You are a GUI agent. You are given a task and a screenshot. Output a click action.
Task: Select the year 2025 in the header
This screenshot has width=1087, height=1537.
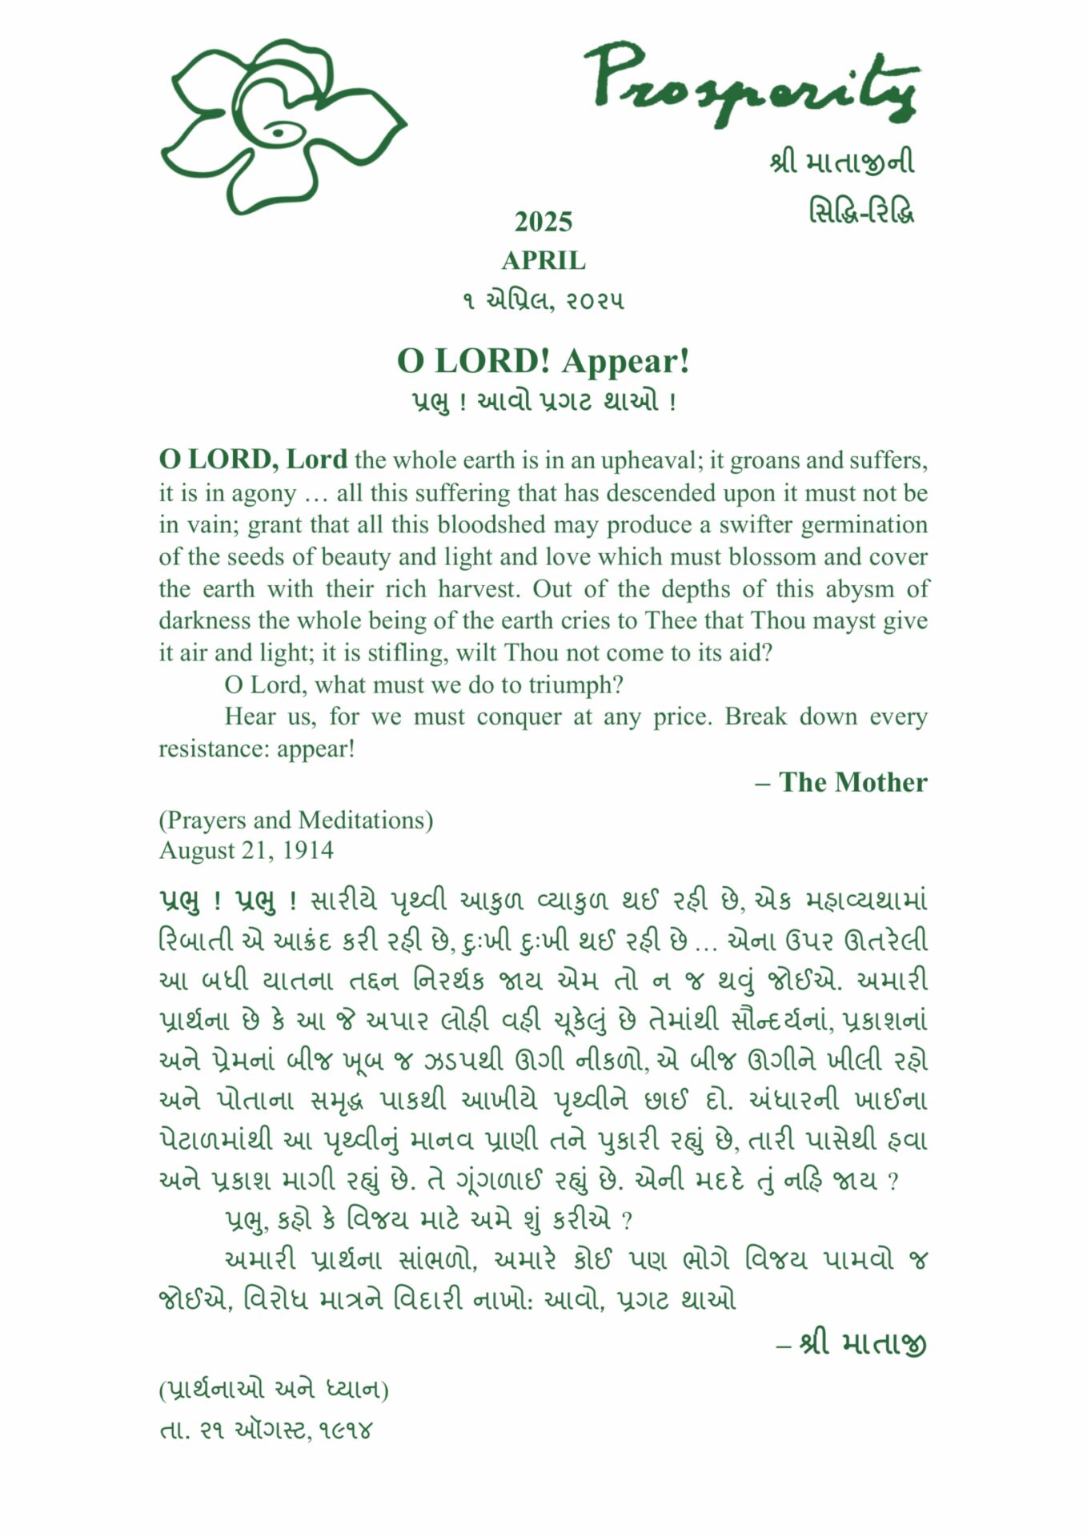[x=543, y=222]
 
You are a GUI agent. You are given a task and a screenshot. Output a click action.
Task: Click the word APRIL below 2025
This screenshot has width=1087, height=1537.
[x=543, y=261]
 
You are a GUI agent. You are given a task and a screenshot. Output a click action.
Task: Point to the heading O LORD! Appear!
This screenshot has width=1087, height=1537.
[x=543, y=361]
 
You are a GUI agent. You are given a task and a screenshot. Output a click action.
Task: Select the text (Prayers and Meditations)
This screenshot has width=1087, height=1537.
[x=296, y=820]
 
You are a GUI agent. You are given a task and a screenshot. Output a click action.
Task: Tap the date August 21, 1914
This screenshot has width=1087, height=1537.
[x=247, y=850]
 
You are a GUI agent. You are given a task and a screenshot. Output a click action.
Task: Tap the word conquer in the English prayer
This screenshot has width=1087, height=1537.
[x=516, y=716]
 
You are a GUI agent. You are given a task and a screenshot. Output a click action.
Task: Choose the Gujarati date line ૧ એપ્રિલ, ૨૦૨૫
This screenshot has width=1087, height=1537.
[x=543, y=301]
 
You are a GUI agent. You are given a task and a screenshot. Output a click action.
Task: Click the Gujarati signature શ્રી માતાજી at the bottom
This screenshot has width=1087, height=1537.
[x=863, y=1343]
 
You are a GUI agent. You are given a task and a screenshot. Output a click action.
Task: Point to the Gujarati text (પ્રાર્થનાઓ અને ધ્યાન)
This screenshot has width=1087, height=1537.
[x=274, y=1390]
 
